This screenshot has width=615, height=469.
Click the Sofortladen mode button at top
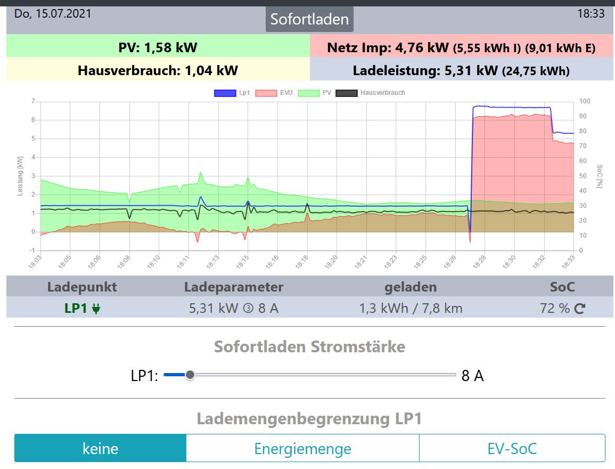click(x=309, y=19)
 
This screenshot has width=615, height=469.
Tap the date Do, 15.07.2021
click(x=53, y=13)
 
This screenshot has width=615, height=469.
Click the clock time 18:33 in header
click(x=591, y=13)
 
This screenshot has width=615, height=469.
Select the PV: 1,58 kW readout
click(x=158, y=47)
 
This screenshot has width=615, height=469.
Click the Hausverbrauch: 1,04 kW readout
click(x=158, y=70)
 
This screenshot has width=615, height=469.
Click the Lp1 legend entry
click(x=233, y=93)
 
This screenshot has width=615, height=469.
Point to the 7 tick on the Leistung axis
click(x=33, y=101)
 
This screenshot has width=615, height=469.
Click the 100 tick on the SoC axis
click(x=584, y=101)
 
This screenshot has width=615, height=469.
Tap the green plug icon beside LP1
click(x=96, y=309)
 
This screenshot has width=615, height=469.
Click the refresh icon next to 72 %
click(x=579, y=309)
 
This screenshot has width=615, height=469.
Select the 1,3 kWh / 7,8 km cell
click(x=411, y=308)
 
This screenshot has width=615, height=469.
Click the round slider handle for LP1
click(x=190, y=375)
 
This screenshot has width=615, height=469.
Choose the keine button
click(x=100, y=448)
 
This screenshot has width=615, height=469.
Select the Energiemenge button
click(x=302, y=448)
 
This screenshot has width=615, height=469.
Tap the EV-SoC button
click(x=512, y=448)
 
